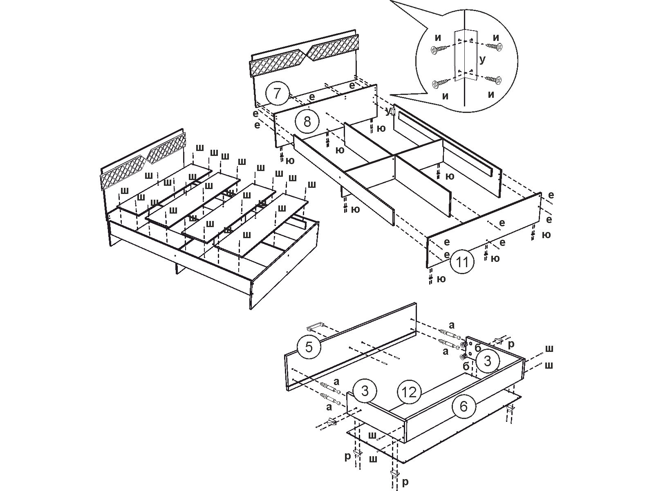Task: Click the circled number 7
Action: [x=278, y=94]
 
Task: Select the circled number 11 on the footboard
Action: [x=462, y=262]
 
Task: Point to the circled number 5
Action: [x=309, y=347]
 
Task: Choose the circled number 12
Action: [x=409, y=392]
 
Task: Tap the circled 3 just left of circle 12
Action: [x=365, y=391]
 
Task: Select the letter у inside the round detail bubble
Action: [x=483, y=59]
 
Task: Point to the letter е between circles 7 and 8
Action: [x=312, y=97]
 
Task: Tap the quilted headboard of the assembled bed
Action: [x=143, y=164]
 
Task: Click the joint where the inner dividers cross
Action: [x=394, y=155]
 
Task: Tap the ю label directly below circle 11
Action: [x=441, y=279]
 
